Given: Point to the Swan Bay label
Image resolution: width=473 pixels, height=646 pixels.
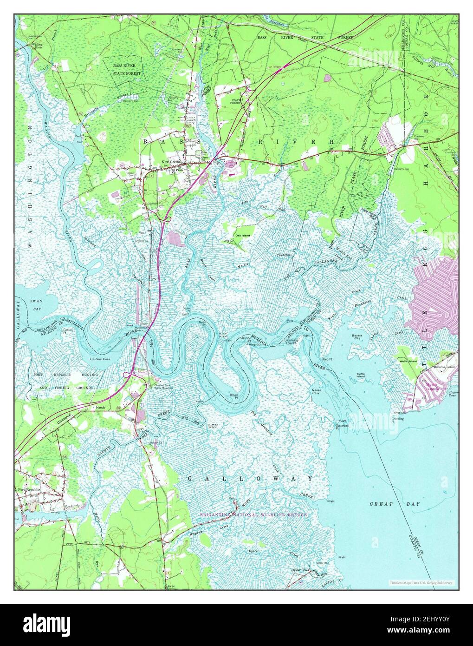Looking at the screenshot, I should pos(36,304).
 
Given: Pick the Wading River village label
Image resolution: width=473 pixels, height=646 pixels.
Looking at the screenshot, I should pos(24,46).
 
